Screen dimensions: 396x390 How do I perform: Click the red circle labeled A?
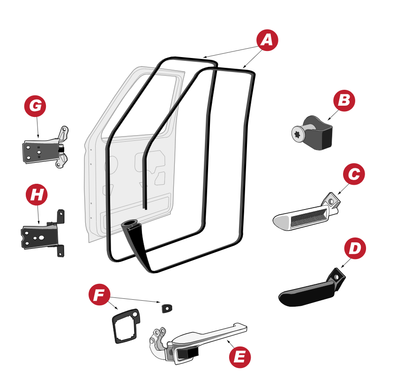(267, 40)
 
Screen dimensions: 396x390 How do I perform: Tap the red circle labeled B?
(344, 101)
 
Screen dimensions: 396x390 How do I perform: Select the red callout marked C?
(354, 174)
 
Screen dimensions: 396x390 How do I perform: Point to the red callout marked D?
(355, 248)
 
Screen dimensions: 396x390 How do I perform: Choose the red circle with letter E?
(240, 357)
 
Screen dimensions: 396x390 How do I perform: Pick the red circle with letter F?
(99, 295)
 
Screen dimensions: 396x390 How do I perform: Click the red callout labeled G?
(35, 106)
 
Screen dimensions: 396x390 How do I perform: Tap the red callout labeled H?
(37, 195)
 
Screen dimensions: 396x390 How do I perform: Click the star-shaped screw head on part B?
(297, 134)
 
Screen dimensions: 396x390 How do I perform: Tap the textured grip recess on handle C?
(309, 217)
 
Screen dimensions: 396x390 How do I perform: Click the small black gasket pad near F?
(167, 308)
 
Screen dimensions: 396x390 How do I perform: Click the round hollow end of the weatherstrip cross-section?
(129, 224)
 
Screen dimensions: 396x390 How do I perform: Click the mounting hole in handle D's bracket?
(336, 277)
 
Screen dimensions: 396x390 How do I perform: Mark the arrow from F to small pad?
(135, 300)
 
